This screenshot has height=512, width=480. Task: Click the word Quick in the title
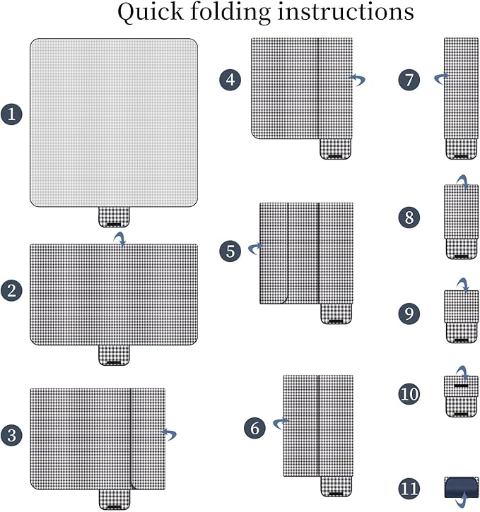click(x=146, y=13)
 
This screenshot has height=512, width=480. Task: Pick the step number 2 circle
click(x=11, y=290)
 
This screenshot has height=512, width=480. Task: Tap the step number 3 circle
click(x=11, y=435)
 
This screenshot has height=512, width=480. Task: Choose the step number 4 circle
click(x=229, y=80)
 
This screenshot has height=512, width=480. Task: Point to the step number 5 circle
click(x=230, y=251)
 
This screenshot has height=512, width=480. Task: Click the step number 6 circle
click(x=256, y=428)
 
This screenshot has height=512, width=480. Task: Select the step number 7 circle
click(x=409, y=80)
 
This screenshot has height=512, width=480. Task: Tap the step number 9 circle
click(x=409, y=314)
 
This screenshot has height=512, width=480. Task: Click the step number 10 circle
click(x=409, y=393)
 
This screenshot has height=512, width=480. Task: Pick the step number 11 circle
click(x=410, y=488)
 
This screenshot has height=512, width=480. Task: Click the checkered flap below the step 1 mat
click(x=113, y=216)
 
